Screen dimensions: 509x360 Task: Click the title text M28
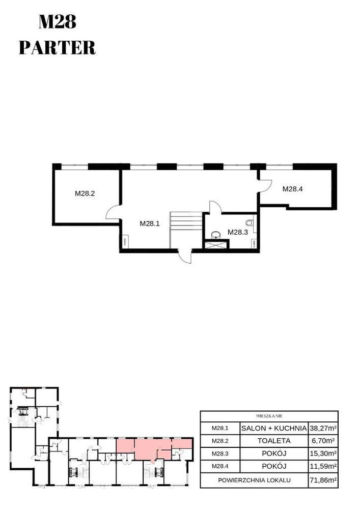coord(57,22)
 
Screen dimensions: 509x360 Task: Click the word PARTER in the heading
coord(57,47)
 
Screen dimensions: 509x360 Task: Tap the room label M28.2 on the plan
coord(85,193)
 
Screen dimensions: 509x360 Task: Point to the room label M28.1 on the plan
coord(150,223)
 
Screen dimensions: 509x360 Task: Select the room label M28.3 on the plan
coord(237,232)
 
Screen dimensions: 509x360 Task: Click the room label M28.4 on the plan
coord(293,189)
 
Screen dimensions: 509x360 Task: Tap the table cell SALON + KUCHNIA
coord(274,428)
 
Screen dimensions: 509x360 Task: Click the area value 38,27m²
coord(323,428)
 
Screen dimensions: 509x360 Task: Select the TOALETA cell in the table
coord(274,441)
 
